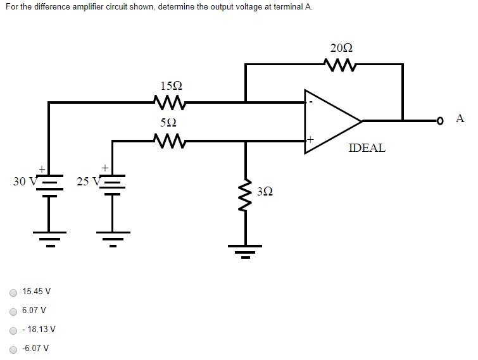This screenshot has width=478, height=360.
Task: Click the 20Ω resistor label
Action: pyautogui.click(x=341, y=48)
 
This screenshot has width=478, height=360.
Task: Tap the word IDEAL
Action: pyautogui.click(x=367, y=148)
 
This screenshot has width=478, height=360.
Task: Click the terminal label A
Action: pyautogui.click(x=460, y=118)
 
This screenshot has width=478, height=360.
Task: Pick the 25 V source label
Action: pyautogui.click(x=87, y=182)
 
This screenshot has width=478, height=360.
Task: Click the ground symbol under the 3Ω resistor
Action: pyautogui.click(x=246, y=252)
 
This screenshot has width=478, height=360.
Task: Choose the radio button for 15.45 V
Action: pyautogui.click(x=13, y=292)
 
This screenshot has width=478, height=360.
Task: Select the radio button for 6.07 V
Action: pyautogui.click(x=13, y=311)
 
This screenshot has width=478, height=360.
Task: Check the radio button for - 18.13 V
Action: pyautogui.click(x=13, y=330)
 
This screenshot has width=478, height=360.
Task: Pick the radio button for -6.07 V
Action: pyautogui.click(x=13, y=349)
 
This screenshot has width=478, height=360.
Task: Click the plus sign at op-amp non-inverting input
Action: pyautogui.click(x=310, y=137)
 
